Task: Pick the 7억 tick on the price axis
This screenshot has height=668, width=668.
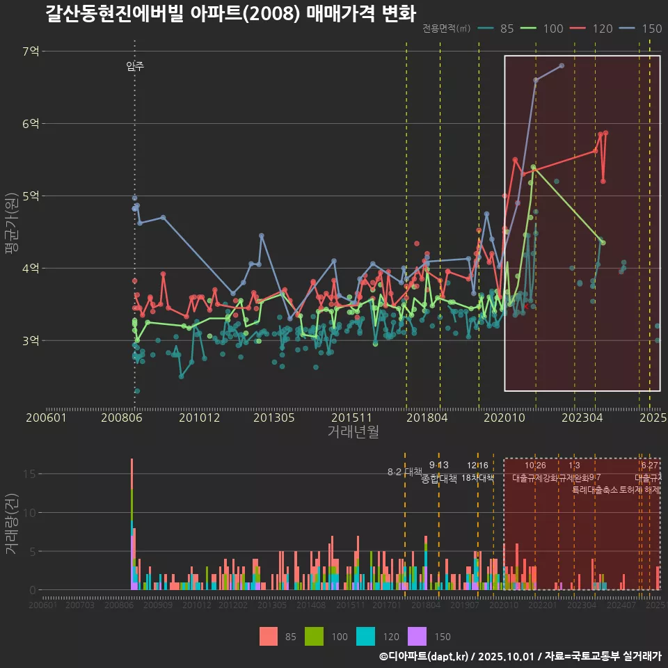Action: (30, 51)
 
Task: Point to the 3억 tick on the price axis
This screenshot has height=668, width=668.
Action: (30, 340)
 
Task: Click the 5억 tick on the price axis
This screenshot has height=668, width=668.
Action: (30, 196)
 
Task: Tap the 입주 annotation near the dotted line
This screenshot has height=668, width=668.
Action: (135, 66)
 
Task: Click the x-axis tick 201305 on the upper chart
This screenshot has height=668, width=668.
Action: (272, 417)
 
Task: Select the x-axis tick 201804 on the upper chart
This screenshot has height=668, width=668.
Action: (426, 417)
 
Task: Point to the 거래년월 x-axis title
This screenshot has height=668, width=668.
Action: (353, 431)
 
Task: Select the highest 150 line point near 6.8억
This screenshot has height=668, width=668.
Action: (562, 65)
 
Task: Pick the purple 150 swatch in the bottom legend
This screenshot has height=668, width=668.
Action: (416, 636)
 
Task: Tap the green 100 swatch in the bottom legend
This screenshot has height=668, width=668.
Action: (315, 636)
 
